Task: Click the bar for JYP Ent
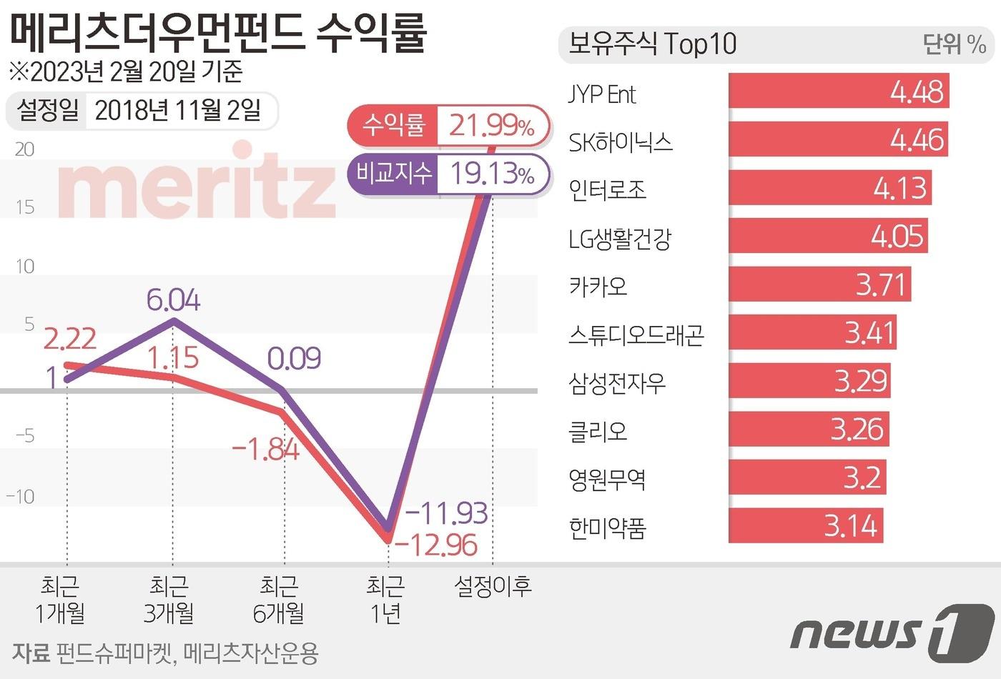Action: point(838,91)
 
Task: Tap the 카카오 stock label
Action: point(598,286)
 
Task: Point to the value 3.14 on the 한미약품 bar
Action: point(850,526)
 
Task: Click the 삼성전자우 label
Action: point(616,383)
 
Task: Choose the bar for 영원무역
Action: point(807,477)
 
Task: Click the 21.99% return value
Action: point(492,126)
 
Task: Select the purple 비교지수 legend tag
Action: point(394,172)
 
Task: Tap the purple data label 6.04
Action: point(174,300)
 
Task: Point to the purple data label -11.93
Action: point(446,512)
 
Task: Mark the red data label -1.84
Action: point(266,450)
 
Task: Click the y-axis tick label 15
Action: point(24,207)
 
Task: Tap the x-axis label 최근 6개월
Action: point(279,600)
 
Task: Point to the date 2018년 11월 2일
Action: point(178,111)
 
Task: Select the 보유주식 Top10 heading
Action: point(651,44)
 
